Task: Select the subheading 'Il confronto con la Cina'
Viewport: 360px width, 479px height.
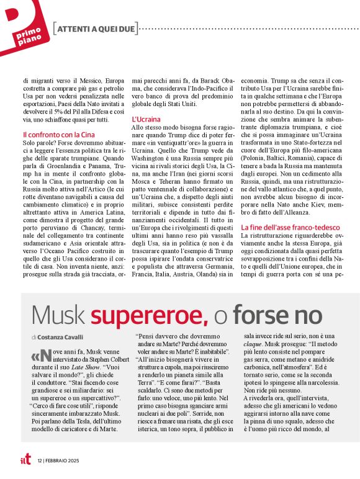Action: tap(60, 135)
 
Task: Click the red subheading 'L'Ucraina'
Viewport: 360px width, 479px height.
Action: tap(146, 119)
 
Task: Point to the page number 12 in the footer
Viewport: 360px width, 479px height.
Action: tap(40, 460)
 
